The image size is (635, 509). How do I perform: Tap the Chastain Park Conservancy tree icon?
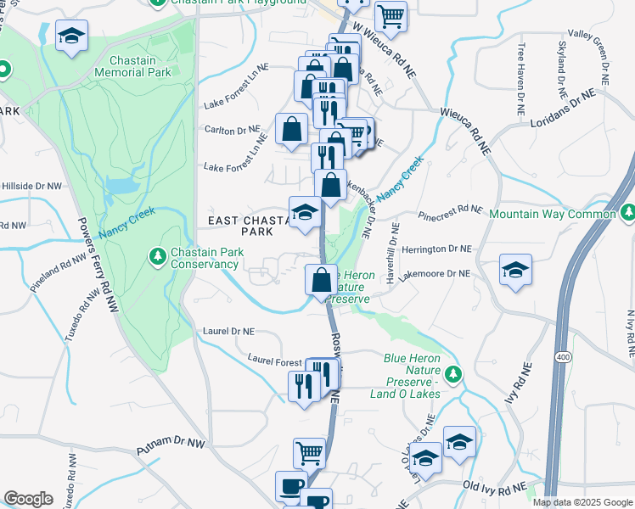[x=156, y=255]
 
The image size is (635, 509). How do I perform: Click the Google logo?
[x=28, y=499]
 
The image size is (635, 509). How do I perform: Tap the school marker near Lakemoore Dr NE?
[x=515, y=271]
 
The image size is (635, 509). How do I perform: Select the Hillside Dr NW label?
[x=31, y=185]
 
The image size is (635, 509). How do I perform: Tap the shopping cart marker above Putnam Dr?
[x=309, y=452]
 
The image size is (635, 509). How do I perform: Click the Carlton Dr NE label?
[x=231, y=131]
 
